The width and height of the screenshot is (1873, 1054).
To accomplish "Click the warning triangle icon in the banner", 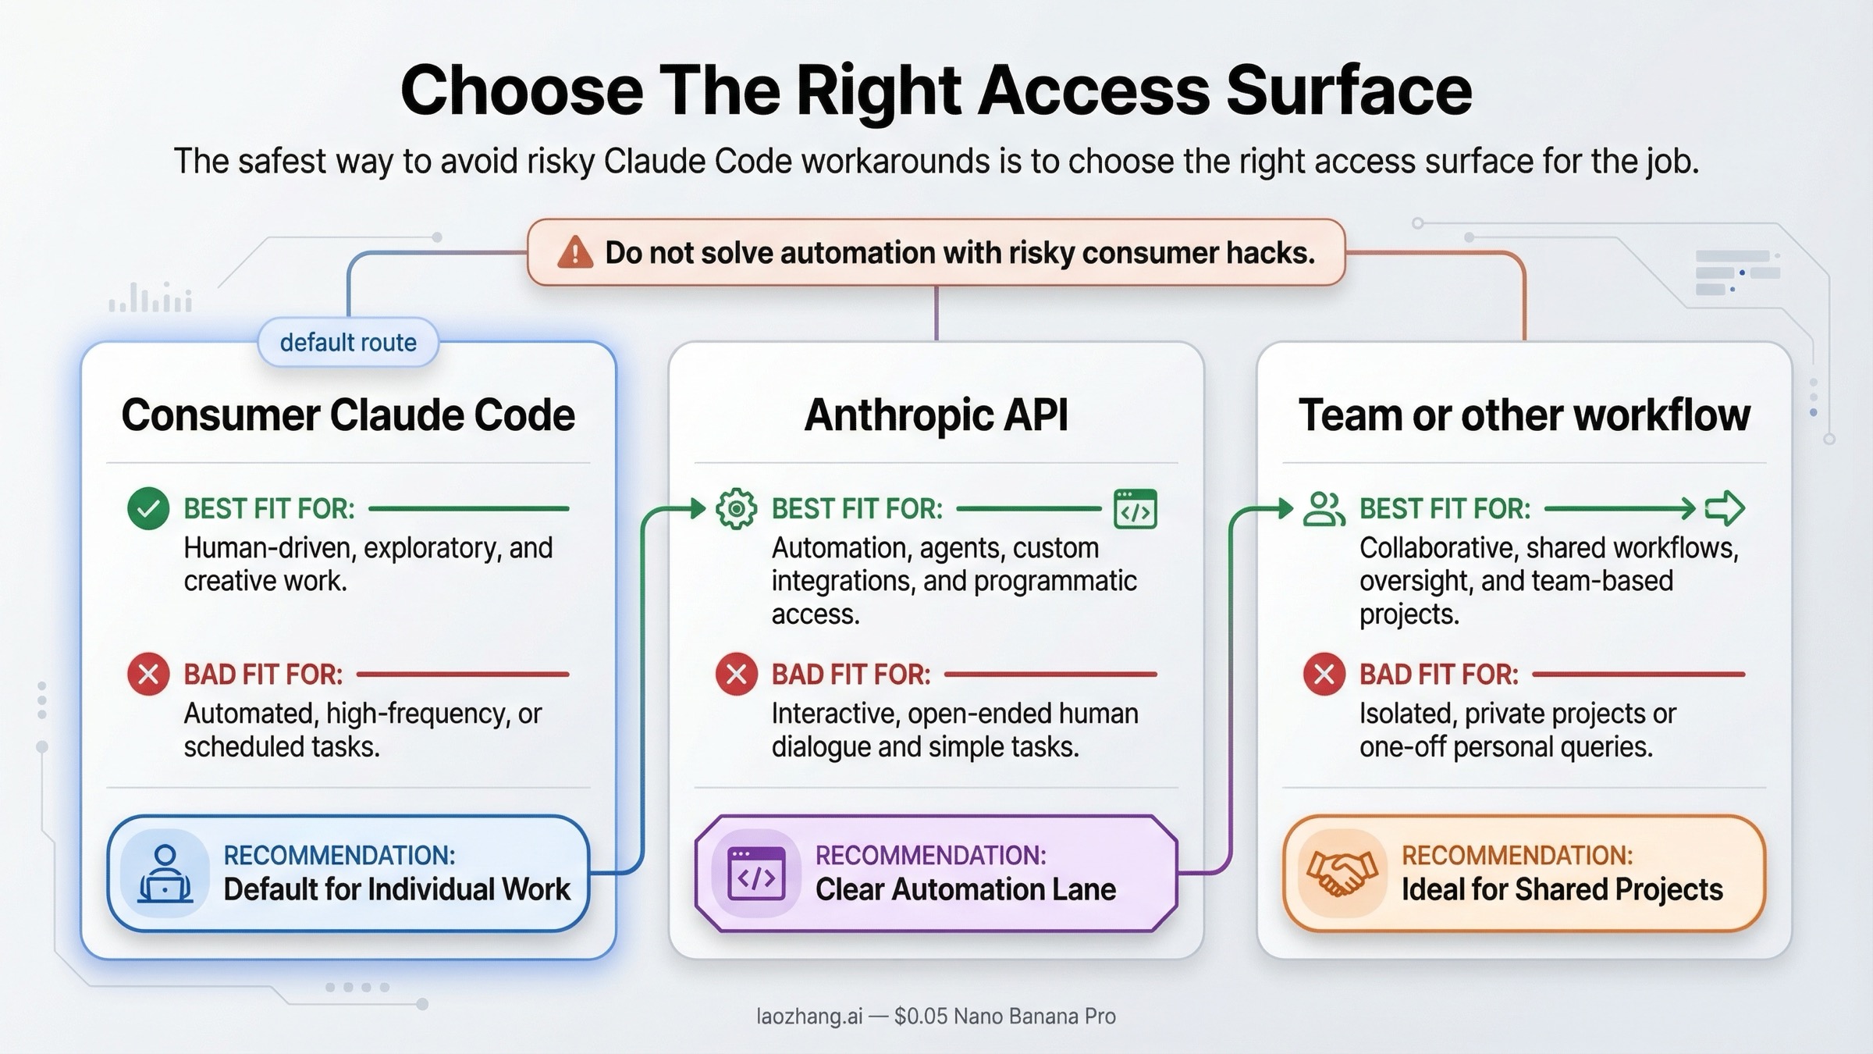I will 575,253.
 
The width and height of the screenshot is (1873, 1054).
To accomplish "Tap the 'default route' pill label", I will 348,343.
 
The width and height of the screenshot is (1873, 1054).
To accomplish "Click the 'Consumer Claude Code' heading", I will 348,415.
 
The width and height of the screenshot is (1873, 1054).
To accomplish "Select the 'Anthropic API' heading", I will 936,415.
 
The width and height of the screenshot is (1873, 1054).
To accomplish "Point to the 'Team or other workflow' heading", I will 1523,415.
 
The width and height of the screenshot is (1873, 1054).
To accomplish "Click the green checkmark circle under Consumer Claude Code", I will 148,508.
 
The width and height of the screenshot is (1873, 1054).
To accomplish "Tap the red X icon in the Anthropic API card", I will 736,674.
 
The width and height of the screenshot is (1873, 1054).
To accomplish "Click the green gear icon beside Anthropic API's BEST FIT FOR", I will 736,509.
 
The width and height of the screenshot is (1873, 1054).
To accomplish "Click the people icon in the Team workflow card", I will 1324,509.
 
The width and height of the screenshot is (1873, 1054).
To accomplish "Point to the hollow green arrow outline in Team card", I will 1725,508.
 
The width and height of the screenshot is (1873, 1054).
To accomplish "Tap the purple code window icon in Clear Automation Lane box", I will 755,874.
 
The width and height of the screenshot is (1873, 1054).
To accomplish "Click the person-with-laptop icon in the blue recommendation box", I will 165,874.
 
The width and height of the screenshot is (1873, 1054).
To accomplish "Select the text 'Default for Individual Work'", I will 396,890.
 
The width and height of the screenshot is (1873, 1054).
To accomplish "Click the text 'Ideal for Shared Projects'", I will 1562,890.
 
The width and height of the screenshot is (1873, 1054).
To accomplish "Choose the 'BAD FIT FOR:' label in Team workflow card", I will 1438,675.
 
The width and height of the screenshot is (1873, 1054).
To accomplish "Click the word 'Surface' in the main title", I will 1349,91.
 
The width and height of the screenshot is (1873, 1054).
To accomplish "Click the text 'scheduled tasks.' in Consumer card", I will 282,747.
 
